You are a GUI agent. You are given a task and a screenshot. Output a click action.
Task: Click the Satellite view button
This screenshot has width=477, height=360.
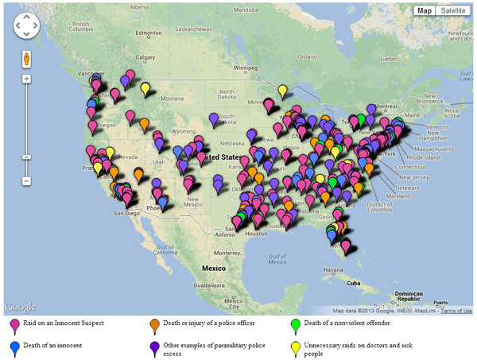click(453, 10)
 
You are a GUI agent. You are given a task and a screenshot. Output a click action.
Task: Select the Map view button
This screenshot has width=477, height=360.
click(425, 10)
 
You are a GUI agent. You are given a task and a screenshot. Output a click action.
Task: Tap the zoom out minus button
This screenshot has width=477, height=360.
click(26, 181)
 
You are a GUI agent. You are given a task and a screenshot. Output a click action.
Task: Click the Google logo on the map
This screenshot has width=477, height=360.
click(21, 307)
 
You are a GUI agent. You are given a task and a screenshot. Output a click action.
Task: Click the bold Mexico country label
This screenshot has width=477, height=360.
click(214, 269)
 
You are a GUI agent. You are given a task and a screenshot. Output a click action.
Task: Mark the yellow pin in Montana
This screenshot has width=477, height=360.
click(146, 89)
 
